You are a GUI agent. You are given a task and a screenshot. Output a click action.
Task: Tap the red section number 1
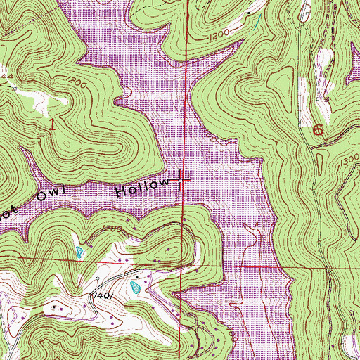(x=53, y=124)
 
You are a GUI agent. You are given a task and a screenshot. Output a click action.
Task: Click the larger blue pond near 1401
(x=135, y=287)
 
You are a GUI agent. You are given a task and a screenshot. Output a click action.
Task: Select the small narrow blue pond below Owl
(x=79, y=250)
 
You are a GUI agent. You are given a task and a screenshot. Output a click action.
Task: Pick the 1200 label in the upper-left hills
(x=79, y=84)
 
